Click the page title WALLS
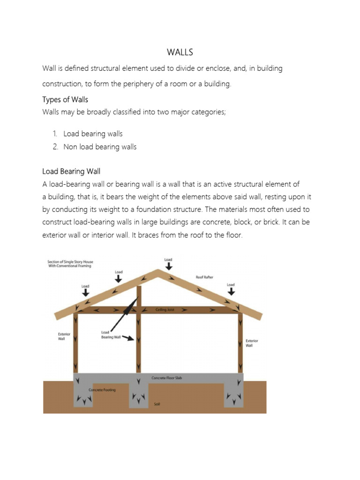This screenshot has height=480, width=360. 180,52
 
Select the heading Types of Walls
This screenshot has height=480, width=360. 65,99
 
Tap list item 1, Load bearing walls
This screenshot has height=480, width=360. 93,134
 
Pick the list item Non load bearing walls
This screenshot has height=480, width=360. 100,147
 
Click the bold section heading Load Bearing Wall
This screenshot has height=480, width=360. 71,171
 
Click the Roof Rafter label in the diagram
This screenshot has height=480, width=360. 204,277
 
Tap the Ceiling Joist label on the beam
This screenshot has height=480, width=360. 165,310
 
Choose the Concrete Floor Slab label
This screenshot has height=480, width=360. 167,378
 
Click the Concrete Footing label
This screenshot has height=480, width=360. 102,390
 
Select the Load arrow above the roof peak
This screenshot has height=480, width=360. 168,263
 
